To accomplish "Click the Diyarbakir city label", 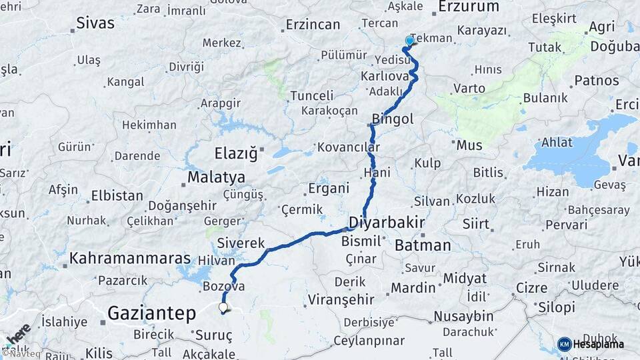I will [387, 223].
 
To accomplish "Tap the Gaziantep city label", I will [151, 313].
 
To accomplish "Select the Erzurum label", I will [469, 7].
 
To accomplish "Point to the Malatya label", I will [216, 177].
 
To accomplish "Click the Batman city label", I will [423, 245].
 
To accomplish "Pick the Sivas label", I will [95, 23].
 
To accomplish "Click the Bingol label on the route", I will [393, 119].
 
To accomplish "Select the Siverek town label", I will [241, 243].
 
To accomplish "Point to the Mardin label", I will [413, 288].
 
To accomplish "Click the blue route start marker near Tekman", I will [409, 41].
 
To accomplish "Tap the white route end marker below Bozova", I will [223, 308].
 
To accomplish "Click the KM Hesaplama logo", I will [591, 344].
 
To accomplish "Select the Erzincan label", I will [313, 25].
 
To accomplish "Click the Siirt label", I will [476, 224].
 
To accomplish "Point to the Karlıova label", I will [384, 76].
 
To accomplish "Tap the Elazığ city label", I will [235, 154].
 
